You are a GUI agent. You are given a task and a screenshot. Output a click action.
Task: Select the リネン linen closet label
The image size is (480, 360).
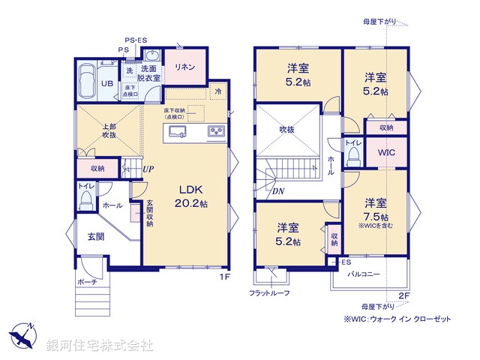click(x=185, y=67)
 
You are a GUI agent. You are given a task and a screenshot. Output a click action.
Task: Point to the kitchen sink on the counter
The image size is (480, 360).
click(x=178, y=133)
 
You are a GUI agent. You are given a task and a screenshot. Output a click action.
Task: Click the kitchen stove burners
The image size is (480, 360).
click(x=217, y=132)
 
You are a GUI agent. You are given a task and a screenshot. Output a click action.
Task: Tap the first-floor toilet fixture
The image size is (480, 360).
click(x=86, y=199)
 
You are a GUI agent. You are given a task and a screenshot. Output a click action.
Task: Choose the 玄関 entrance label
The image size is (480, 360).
click(x=95, y=237)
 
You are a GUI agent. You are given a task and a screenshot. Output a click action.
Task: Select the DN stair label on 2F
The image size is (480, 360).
click(x=278, y=191)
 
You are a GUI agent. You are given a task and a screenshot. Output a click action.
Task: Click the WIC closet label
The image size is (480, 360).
click(x=387, y=152)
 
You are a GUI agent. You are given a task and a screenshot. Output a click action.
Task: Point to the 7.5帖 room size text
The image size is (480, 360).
click(x=376, y=216)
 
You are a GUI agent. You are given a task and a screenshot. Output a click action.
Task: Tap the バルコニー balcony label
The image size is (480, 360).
click(x=363, y=274)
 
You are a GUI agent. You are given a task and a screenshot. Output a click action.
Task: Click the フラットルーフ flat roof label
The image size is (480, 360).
click(x=269, y=292)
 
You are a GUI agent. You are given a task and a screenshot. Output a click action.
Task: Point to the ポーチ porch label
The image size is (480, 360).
click(x=87, y=282)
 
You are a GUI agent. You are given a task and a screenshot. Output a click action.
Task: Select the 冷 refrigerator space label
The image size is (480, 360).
click(x=217, y=92)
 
